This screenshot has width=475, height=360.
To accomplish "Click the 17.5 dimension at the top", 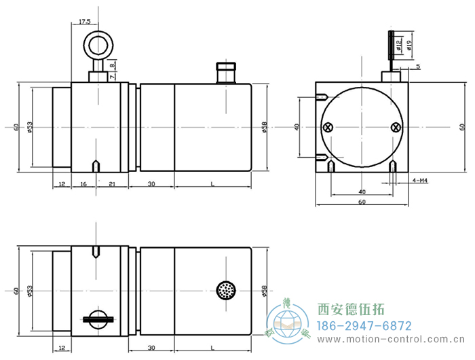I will (84, 22).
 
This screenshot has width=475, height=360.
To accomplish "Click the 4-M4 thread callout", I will (421, 181).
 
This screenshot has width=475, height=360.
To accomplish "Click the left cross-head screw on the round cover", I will (329, 127).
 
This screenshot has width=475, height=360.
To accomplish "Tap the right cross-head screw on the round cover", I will (396, 127).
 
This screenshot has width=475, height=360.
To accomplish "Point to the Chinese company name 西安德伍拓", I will (351, 310).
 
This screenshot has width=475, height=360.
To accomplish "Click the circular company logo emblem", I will (288, 323).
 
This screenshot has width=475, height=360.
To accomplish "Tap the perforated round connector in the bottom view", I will (225, 290).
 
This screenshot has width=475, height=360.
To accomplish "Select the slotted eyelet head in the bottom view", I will (98, 318).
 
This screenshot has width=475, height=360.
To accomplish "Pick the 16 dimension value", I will (83, 184).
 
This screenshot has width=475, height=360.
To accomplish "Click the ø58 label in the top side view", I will (264, 127).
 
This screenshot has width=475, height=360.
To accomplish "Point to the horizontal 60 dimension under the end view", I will (362, 202).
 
